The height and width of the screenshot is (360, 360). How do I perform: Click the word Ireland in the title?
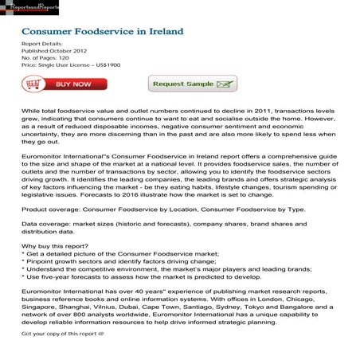(163, 33)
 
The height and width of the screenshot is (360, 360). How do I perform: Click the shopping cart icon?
(33, 84)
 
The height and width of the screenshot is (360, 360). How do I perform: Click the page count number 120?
(63, 57)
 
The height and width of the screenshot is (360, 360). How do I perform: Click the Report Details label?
(42, 44)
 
